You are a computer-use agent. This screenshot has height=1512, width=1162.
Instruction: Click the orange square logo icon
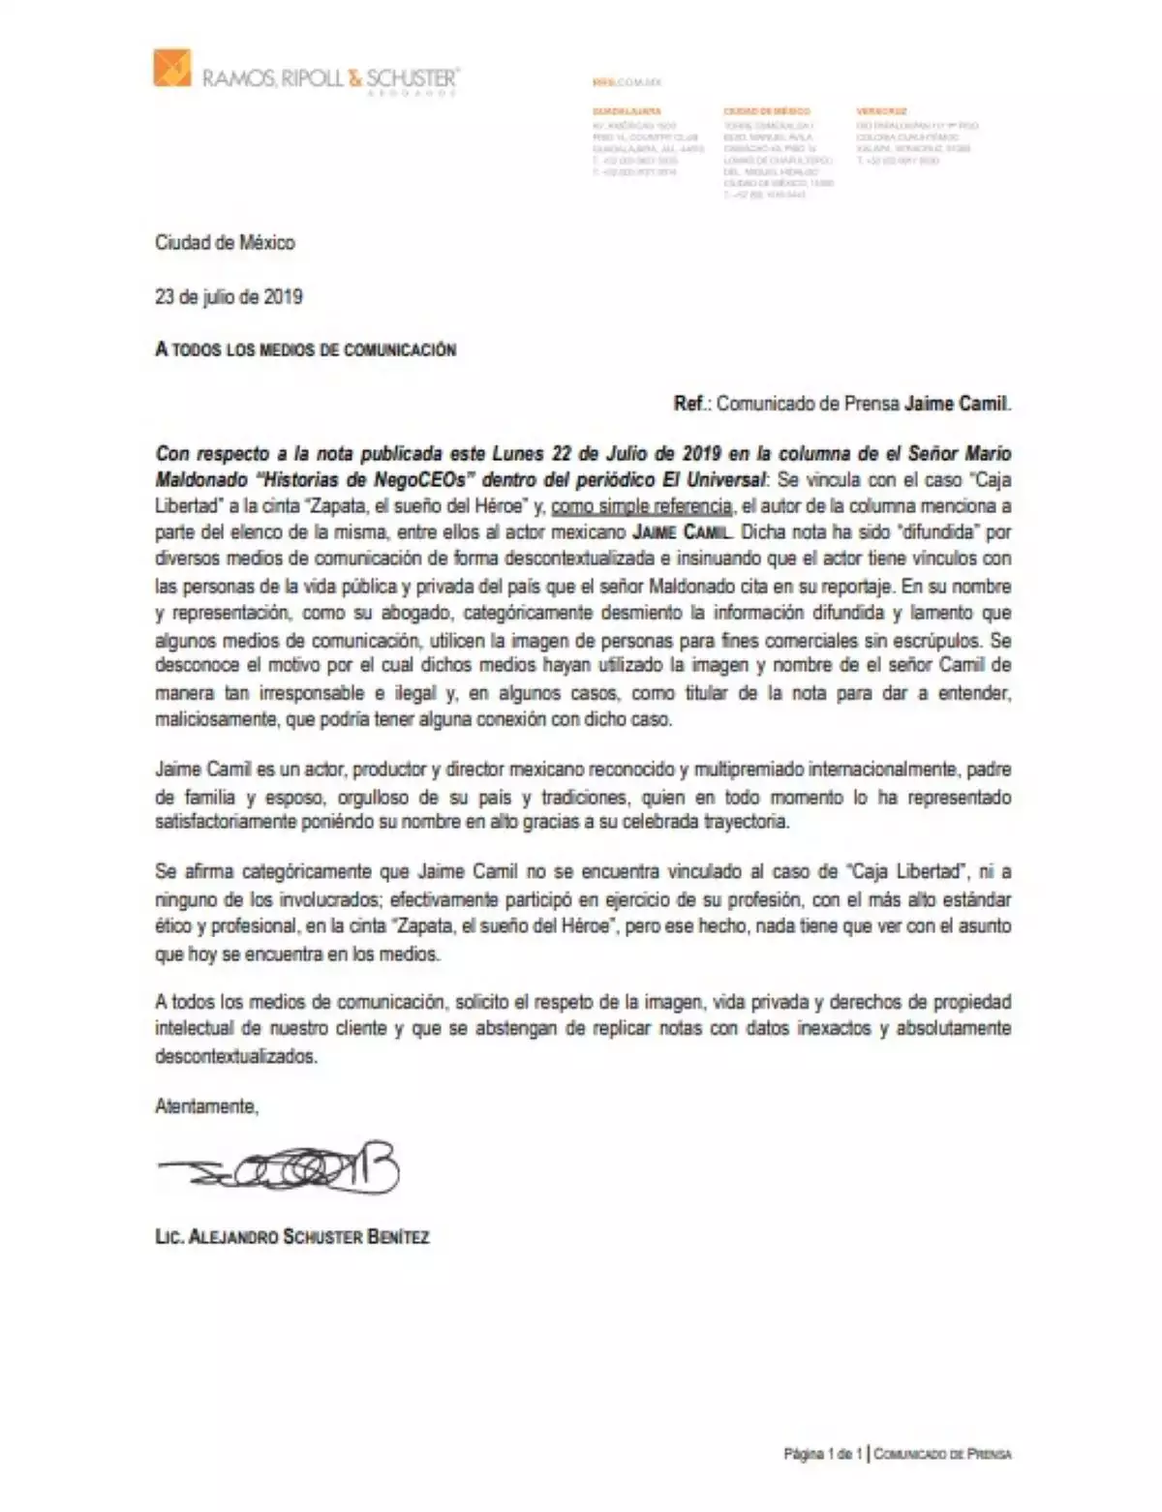pos(172,68)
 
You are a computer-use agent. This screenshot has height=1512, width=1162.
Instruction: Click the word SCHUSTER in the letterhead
pos(412,77)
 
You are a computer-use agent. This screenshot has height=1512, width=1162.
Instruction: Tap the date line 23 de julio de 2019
pos(229,296)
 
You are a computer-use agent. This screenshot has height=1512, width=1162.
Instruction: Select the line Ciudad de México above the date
pos(225,242)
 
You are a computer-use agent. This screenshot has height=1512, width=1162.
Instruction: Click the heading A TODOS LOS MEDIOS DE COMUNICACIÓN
pos(305,349)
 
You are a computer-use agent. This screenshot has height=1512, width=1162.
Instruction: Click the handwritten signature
pos(281,1170)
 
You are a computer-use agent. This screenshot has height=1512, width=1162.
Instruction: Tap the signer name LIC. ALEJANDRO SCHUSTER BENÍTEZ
pos(291,1236)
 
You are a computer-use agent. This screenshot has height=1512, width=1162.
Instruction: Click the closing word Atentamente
pos(206,1105)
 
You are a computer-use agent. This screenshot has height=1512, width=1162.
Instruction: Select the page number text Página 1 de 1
pos(822,1453)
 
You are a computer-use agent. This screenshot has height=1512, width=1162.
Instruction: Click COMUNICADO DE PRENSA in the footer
pos(942,1453)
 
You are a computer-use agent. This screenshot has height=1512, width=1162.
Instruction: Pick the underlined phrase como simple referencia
pos(641,505)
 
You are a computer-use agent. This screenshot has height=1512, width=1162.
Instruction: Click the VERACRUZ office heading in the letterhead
pos(881,111)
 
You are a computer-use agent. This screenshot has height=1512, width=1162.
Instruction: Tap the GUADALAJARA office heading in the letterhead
pos(627,111)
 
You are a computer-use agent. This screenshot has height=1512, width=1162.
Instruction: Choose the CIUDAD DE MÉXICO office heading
pos(766,111)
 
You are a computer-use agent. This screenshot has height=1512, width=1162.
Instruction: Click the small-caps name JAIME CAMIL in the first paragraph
pos(684,531)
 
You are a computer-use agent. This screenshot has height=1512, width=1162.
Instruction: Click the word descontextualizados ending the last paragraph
pos(235,1056)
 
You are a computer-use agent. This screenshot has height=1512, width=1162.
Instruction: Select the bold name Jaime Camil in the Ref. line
pos(957,403)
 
